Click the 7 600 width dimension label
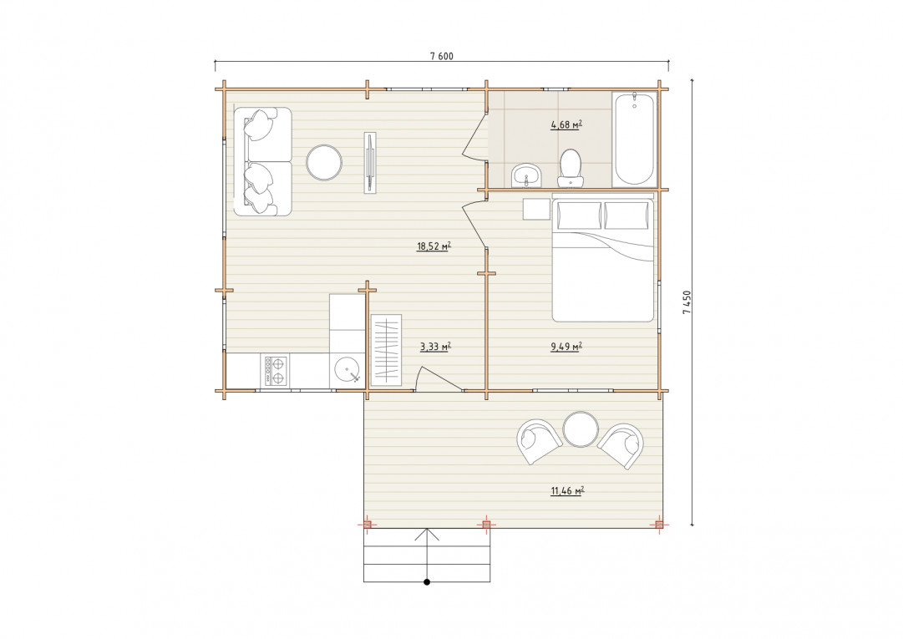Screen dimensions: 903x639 coord(442,57)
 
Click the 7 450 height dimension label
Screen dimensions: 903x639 coord(687,302)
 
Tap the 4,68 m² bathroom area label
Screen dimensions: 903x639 coord(566,124)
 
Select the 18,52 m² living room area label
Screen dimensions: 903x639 coord(434,246)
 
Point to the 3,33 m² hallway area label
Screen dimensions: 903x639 coord(435,347)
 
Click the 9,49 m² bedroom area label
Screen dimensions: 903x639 coord(566,347)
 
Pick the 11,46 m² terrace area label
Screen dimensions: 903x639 coord(568,491)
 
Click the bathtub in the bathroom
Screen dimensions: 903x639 coord(634,139)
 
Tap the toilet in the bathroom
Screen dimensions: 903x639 coord(571,168)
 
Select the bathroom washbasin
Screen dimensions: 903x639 coord(525,175)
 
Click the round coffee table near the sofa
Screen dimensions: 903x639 coord(324,162)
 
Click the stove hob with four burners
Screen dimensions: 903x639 coord(276,371)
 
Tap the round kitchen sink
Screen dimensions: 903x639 coord(348,370)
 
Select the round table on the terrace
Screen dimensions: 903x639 coord(581,429)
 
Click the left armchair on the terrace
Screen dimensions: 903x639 coord(539,442)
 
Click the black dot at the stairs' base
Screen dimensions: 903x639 coord(427,582)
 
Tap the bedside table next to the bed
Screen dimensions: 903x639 coord(536,209)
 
